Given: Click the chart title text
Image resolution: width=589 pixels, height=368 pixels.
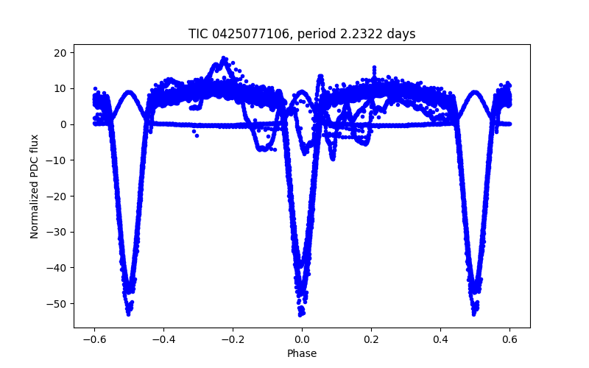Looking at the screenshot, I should point(302,33).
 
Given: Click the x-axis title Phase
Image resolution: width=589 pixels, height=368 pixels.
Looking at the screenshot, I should point(302,353).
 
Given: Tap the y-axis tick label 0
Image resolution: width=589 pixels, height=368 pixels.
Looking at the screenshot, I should point(64,124).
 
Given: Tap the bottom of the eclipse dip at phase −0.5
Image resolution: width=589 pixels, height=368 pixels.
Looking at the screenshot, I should point(129,313).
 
